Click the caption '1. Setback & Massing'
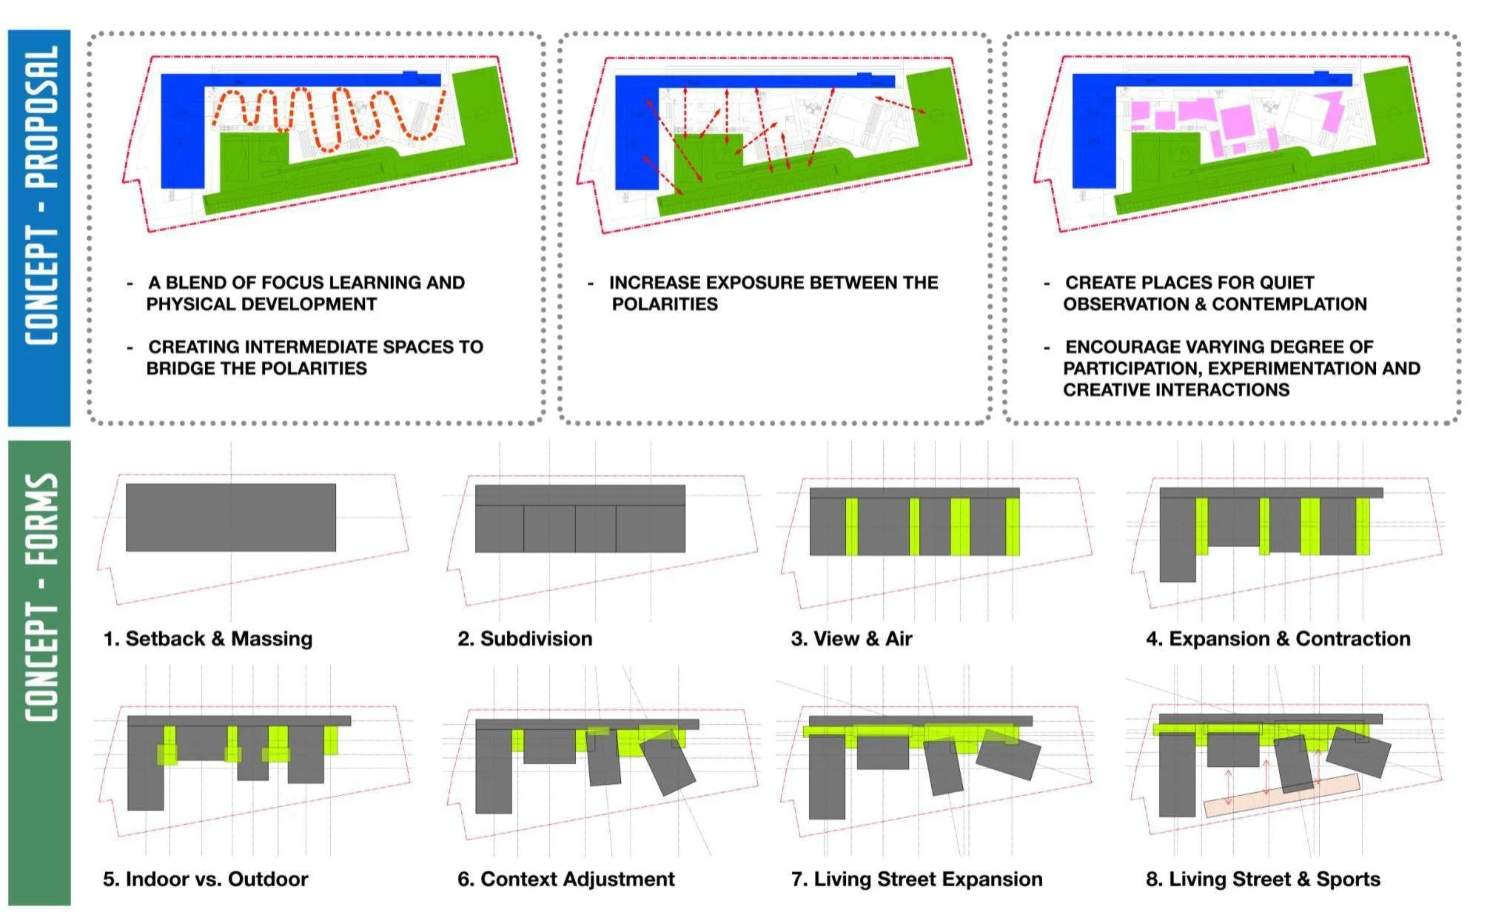click(x=208, y=639)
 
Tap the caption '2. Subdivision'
click(x=525, y=639)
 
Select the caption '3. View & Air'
click(x=851, y=639)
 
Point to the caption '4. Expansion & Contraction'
click(x=1278, y=639)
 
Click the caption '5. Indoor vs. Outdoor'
click(x=206, y=880)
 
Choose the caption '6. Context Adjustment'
click(x=566, y=880)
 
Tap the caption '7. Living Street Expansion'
click(x=916, y=880)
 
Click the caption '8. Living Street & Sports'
click(x=1263, y=880)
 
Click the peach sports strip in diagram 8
click(x=1282, y=796)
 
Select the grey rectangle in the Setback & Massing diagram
click(x=231, y=517)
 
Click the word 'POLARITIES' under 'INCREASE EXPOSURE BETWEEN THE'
click(x=665, y=304)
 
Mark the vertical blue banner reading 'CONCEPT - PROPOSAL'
click(x=39, y=228)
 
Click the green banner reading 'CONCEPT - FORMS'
click(x=39, y=673)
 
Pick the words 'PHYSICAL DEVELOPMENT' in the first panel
click(x=261, y=304)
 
